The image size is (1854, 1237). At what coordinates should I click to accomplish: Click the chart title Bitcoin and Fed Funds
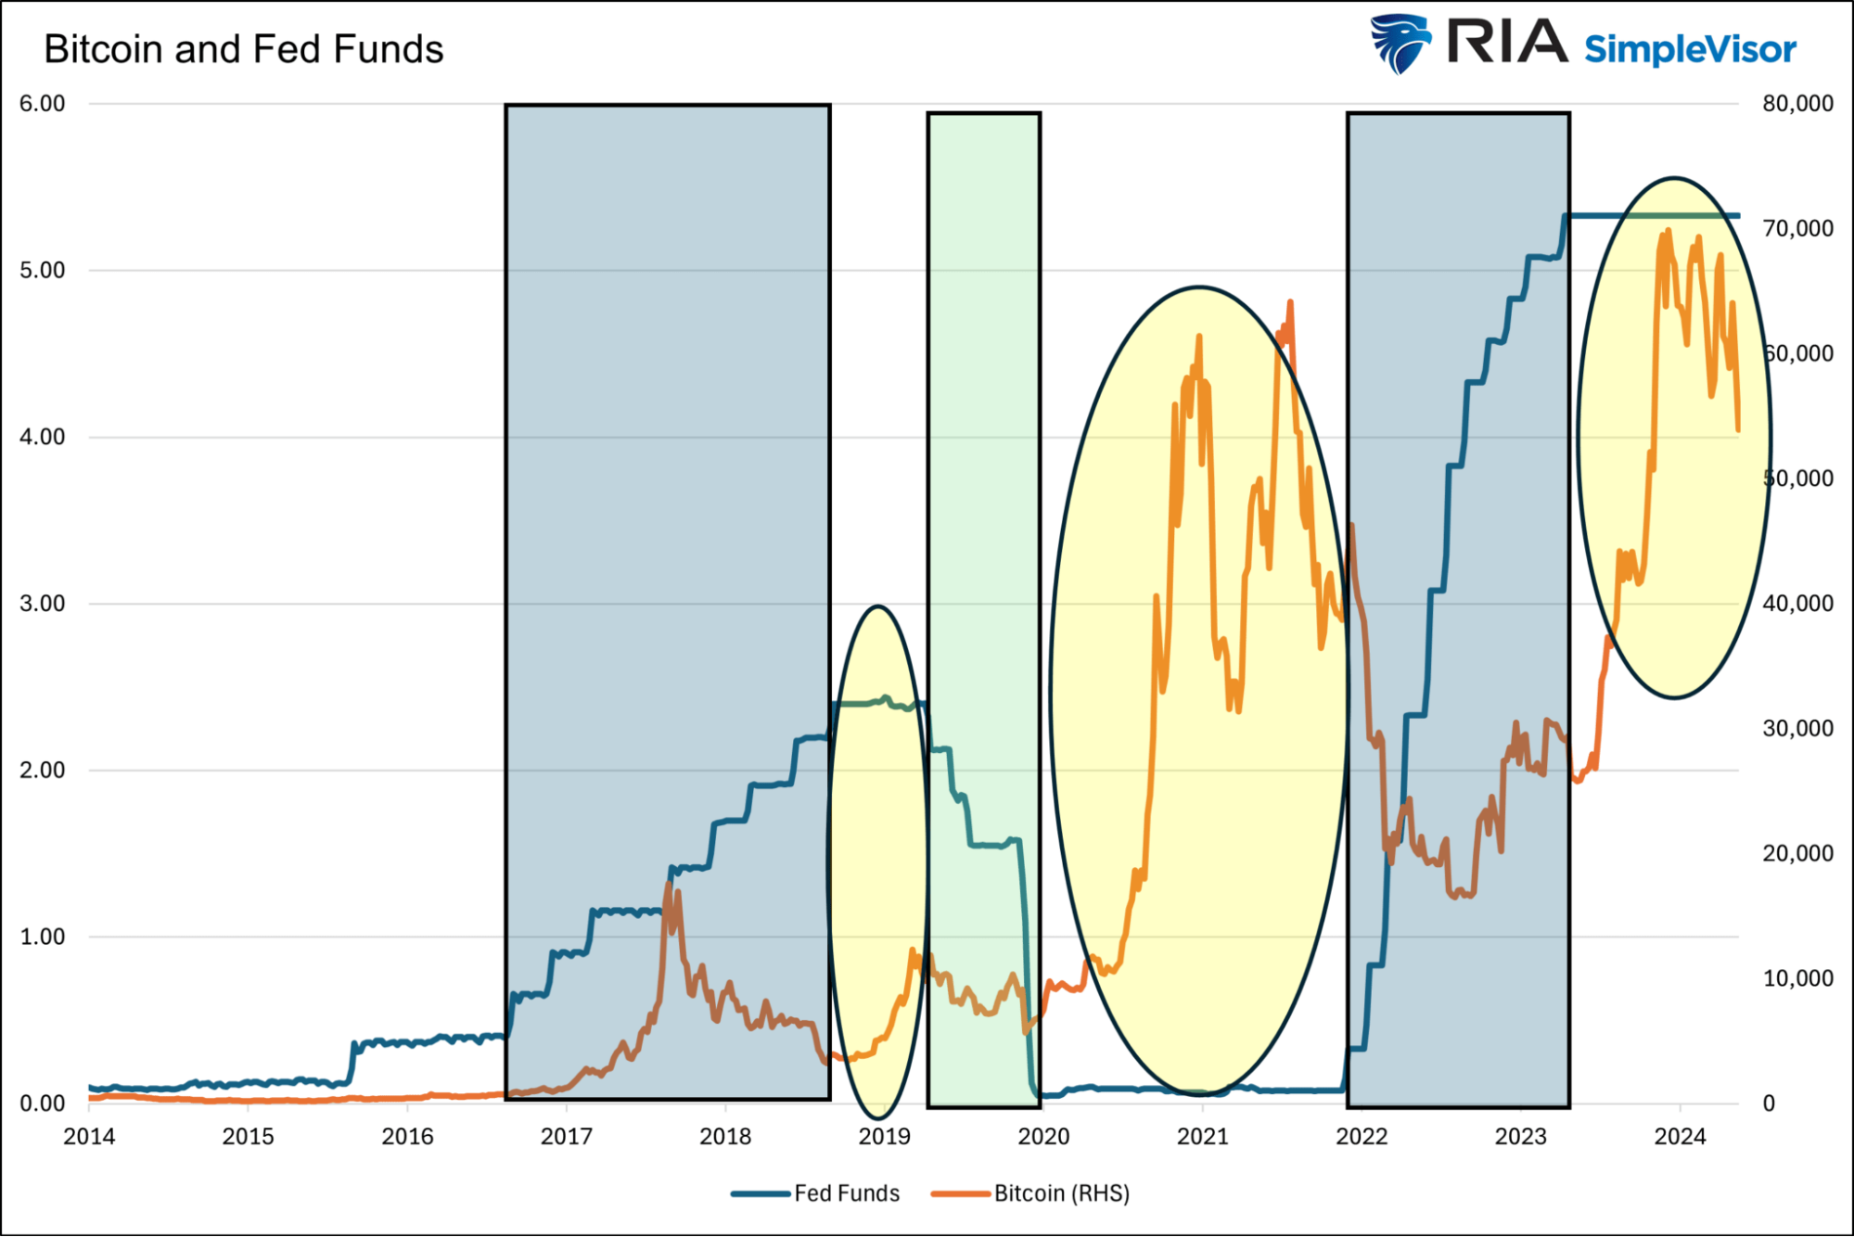pyautogui.click(x=243, y=49)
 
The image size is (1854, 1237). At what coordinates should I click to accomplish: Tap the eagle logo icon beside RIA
pyautogui.click(x=1400, y=43)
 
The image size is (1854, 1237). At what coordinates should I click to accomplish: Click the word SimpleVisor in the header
pyautogui.click(x=1690, y=49)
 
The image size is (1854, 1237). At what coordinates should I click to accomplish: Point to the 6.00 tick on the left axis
pyautogui.click(x=43, y=104)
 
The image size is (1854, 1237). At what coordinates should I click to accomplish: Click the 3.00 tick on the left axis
pyautogui.click(x=43, y=604)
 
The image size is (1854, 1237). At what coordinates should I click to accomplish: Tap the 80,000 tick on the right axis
pyautogui.click(x=1797, y=104)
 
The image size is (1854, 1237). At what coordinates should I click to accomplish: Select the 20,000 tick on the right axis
pyautogui.click(x=1797, y=853)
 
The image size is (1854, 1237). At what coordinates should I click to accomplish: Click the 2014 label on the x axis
pyautogui.click(x=89, y=1136)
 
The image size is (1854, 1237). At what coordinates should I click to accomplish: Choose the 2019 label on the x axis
pyautogui.click(x=884, y=1136)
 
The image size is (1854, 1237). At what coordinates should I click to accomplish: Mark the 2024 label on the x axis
pyautogui.click(x=1680, y=1136)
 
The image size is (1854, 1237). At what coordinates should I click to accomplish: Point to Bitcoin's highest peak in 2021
pyautogui.click(x=1290, y=303)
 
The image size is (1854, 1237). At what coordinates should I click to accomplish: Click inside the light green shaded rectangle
pyautogui.click(x=983, y=464)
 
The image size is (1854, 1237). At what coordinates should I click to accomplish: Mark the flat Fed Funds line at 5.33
pyautogui.click(x=1651, y=216)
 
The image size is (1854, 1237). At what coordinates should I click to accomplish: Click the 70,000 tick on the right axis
pyautogui.click(x=1797, y=229)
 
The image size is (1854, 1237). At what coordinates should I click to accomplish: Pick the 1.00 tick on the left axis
pyautogui.click(x=43, y=937)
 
